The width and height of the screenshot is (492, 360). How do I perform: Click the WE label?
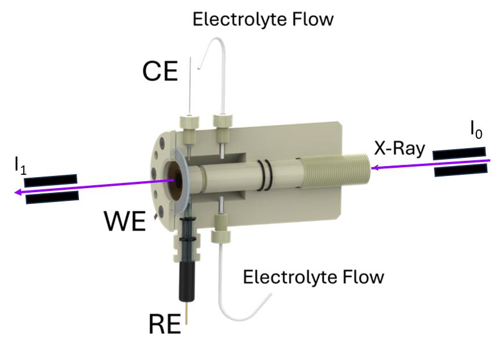tap(124, 221)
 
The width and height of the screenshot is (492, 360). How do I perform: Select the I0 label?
tap(476, 131)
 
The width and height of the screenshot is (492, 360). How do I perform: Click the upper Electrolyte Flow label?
tap(263, 19)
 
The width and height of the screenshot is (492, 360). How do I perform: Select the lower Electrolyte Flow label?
tap(313, 276)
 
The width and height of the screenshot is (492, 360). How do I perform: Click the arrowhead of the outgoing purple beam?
tap(19, 192)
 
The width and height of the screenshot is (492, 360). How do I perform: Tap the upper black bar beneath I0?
tap(459, 153)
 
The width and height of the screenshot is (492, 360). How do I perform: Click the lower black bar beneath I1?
tap(52, 197)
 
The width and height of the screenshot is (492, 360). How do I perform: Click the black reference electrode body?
tap(187, 279)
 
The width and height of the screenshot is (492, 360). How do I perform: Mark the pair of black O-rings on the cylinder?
tap(265, 174)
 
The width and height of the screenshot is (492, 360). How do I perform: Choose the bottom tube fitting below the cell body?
tap(221, 223)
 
